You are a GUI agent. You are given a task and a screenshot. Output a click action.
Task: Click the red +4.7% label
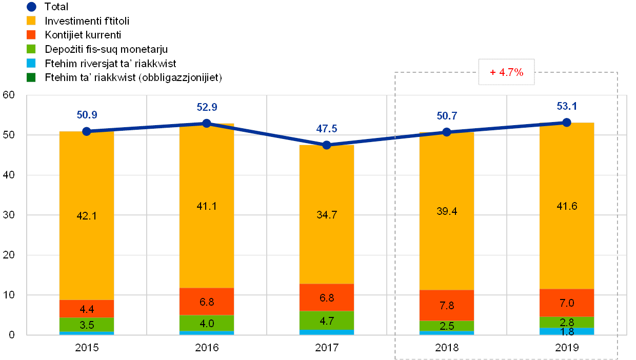click(x=506, y=73)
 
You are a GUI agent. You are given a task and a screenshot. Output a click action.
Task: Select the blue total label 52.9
click(x=207, y=107)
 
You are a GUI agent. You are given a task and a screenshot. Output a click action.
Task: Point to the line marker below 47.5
click(x=327, y=145)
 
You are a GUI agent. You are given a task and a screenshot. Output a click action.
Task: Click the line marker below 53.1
click(x=567, y=123)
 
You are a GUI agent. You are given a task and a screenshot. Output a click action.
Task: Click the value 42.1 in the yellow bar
click(x=87, y=216)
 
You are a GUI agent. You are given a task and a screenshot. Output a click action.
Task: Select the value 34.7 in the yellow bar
click(x=327, y=215)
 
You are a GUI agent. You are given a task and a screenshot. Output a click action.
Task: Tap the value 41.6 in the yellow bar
click(x=567, y=206)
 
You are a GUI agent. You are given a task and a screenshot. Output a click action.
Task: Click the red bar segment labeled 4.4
click(x=87, y=309)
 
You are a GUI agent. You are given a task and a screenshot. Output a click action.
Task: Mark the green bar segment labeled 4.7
click(x=327, y=321)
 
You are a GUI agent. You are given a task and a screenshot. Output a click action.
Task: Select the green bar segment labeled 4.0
click(x=207, y=324)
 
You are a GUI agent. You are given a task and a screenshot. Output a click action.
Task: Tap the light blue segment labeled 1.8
click(x=567, y=331)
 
